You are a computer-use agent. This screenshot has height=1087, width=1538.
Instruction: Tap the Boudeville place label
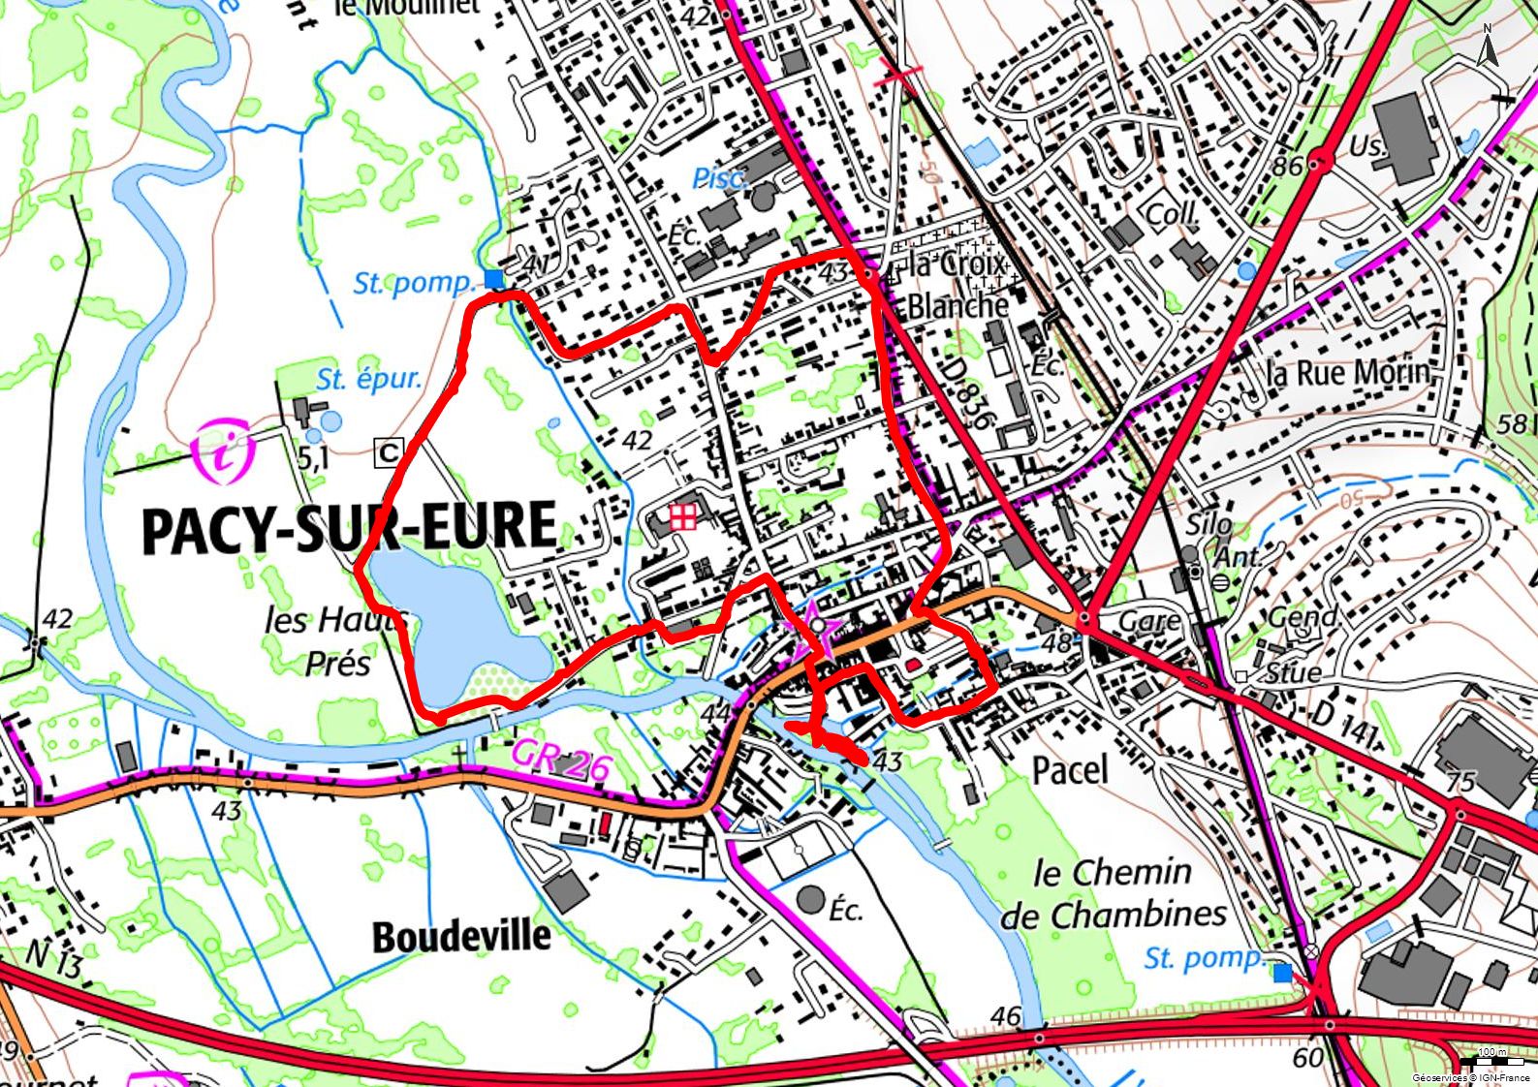point(461,937)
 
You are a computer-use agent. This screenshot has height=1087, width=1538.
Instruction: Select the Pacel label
point(1070,770)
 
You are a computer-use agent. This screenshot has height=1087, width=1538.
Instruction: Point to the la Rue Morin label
point(1347,372)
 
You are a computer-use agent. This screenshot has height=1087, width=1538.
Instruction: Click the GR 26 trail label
point(561,760)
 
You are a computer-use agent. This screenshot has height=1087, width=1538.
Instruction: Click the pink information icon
point(224,451)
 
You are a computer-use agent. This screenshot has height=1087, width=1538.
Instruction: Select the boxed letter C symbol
point(389,451)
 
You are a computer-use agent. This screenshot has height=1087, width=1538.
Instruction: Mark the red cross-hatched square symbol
point(682,516)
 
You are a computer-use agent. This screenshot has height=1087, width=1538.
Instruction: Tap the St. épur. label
point(368,379)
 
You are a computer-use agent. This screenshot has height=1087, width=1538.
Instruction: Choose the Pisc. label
point(719,178)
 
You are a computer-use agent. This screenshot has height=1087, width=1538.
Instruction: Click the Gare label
point(1149,620)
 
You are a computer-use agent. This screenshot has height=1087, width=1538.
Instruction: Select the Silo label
point(1208,525)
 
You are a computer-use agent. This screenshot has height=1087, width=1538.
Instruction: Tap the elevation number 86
point(1287,166)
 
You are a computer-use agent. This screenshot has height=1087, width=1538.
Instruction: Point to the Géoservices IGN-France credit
point(1471,1077)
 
